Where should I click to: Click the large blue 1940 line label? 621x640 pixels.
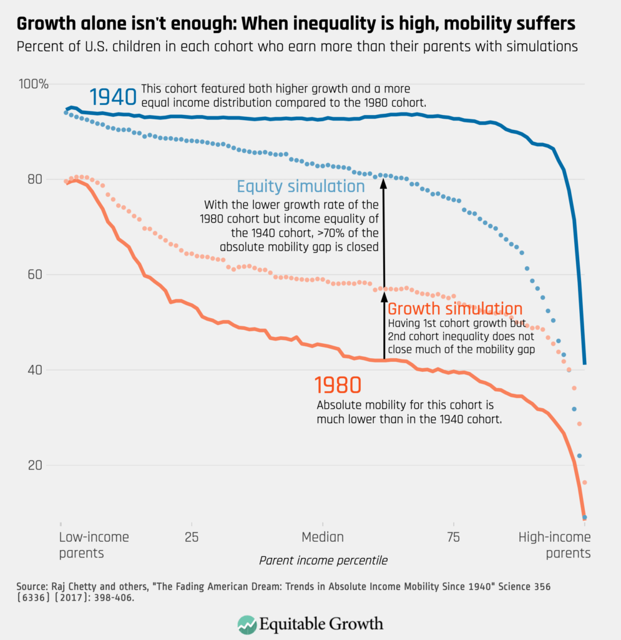112,97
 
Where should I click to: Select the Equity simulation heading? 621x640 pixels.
300,186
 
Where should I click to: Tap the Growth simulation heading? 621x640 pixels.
455,309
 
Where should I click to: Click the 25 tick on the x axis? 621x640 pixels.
191,537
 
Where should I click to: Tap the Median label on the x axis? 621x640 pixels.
323,537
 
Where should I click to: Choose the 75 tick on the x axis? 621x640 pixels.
453,537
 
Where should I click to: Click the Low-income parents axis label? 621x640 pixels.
94,544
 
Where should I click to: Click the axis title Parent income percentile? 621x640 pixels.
323,561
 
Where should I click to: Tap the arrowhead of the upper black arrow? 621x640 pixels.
384,182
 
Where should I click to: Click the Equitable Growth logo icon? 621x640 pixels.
247,624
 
